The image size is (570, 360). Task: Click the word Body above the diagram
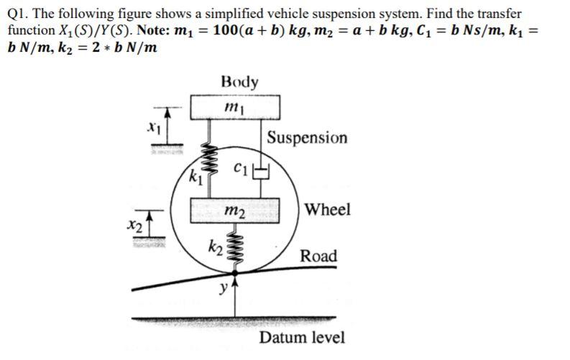[x=239, y=81]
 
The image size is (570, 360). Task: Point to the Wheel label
[x=328, y=210]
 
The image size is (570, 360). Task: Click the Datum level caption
[x=302, y=338]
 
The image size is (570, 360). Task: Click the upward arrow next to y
[x=234, y=286]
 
